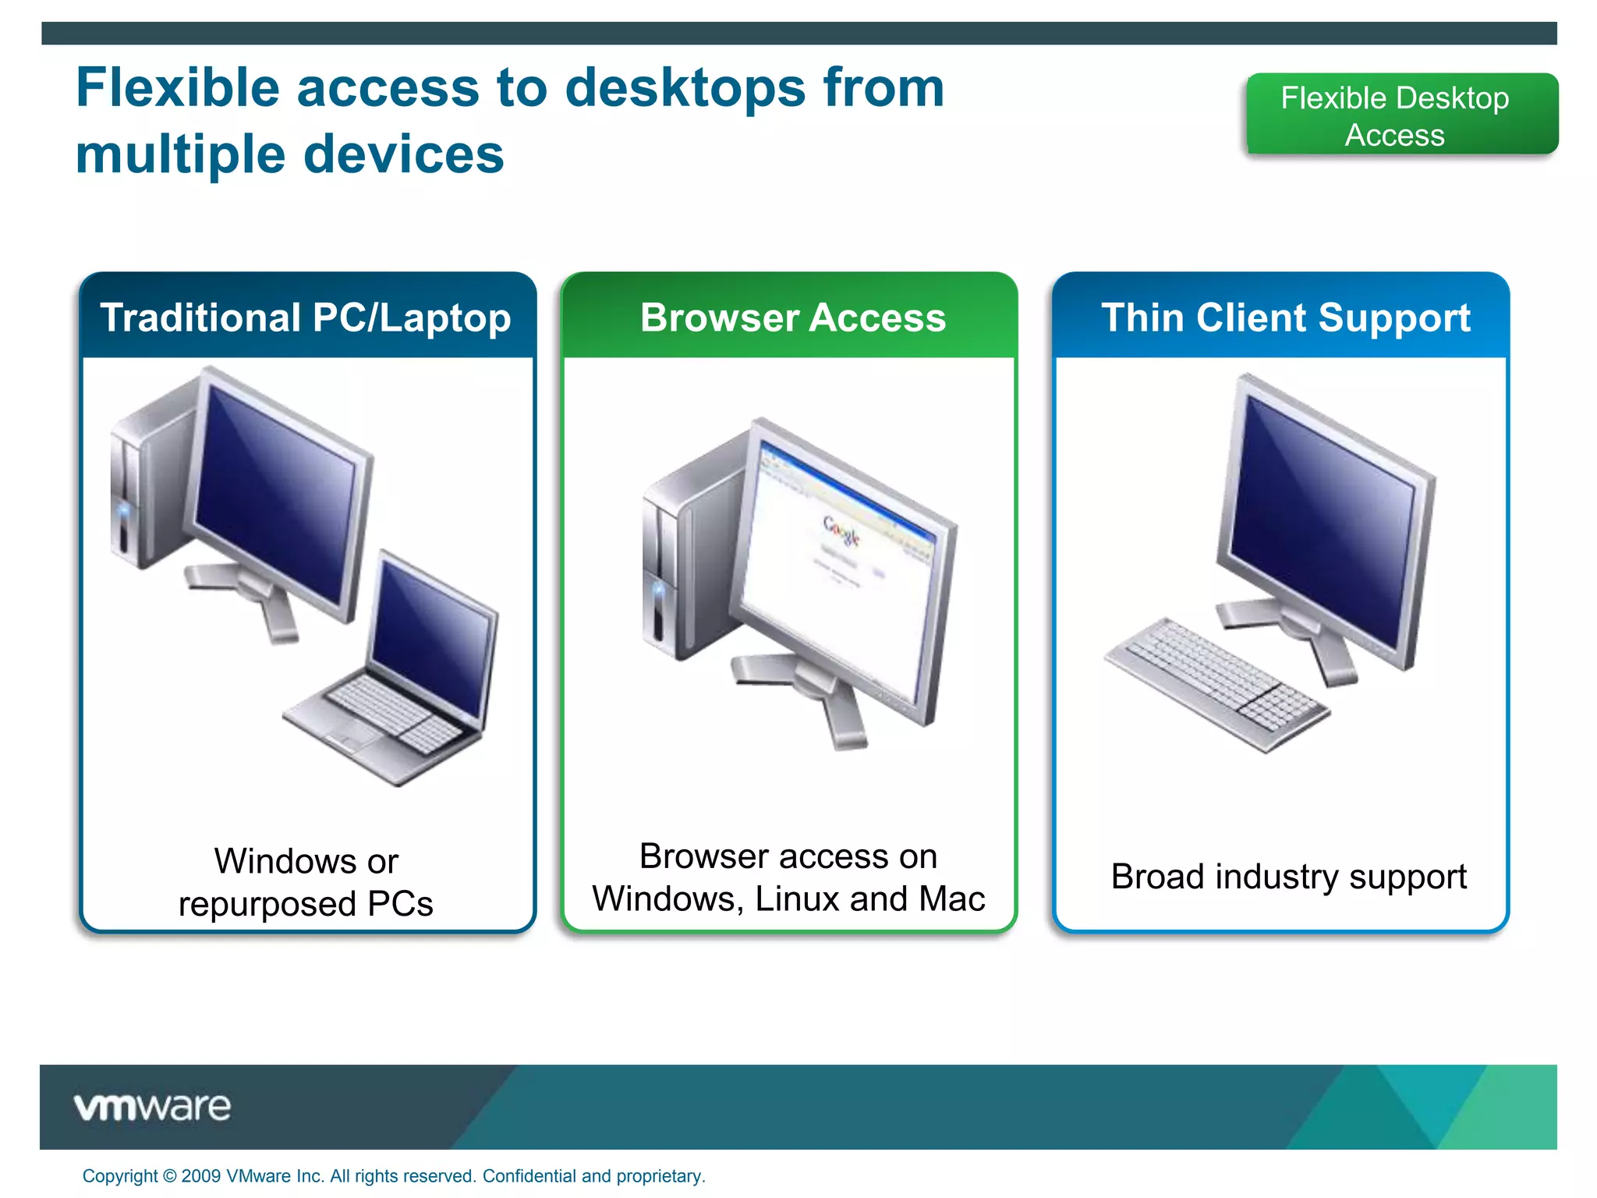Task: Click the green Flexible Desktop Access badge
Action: tap(1401, 115)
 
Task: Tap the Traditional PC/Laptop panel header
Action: tap(306, 317)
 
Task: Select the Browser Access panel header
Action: tap(792, 317)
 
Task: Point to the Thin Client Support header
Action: tap(1285, 317)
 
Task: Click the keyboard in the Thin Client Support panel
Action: tap(1216, 682)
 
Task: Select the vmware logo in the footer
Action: tap(153, 1107)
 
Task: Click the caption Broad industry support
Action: tap(1288, 877)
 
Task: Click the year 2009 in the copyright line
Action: tap(200, 1176)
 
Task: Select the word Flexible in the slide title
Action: tap(178, 87)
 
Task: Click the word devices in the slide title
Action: tap(404, 154)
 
